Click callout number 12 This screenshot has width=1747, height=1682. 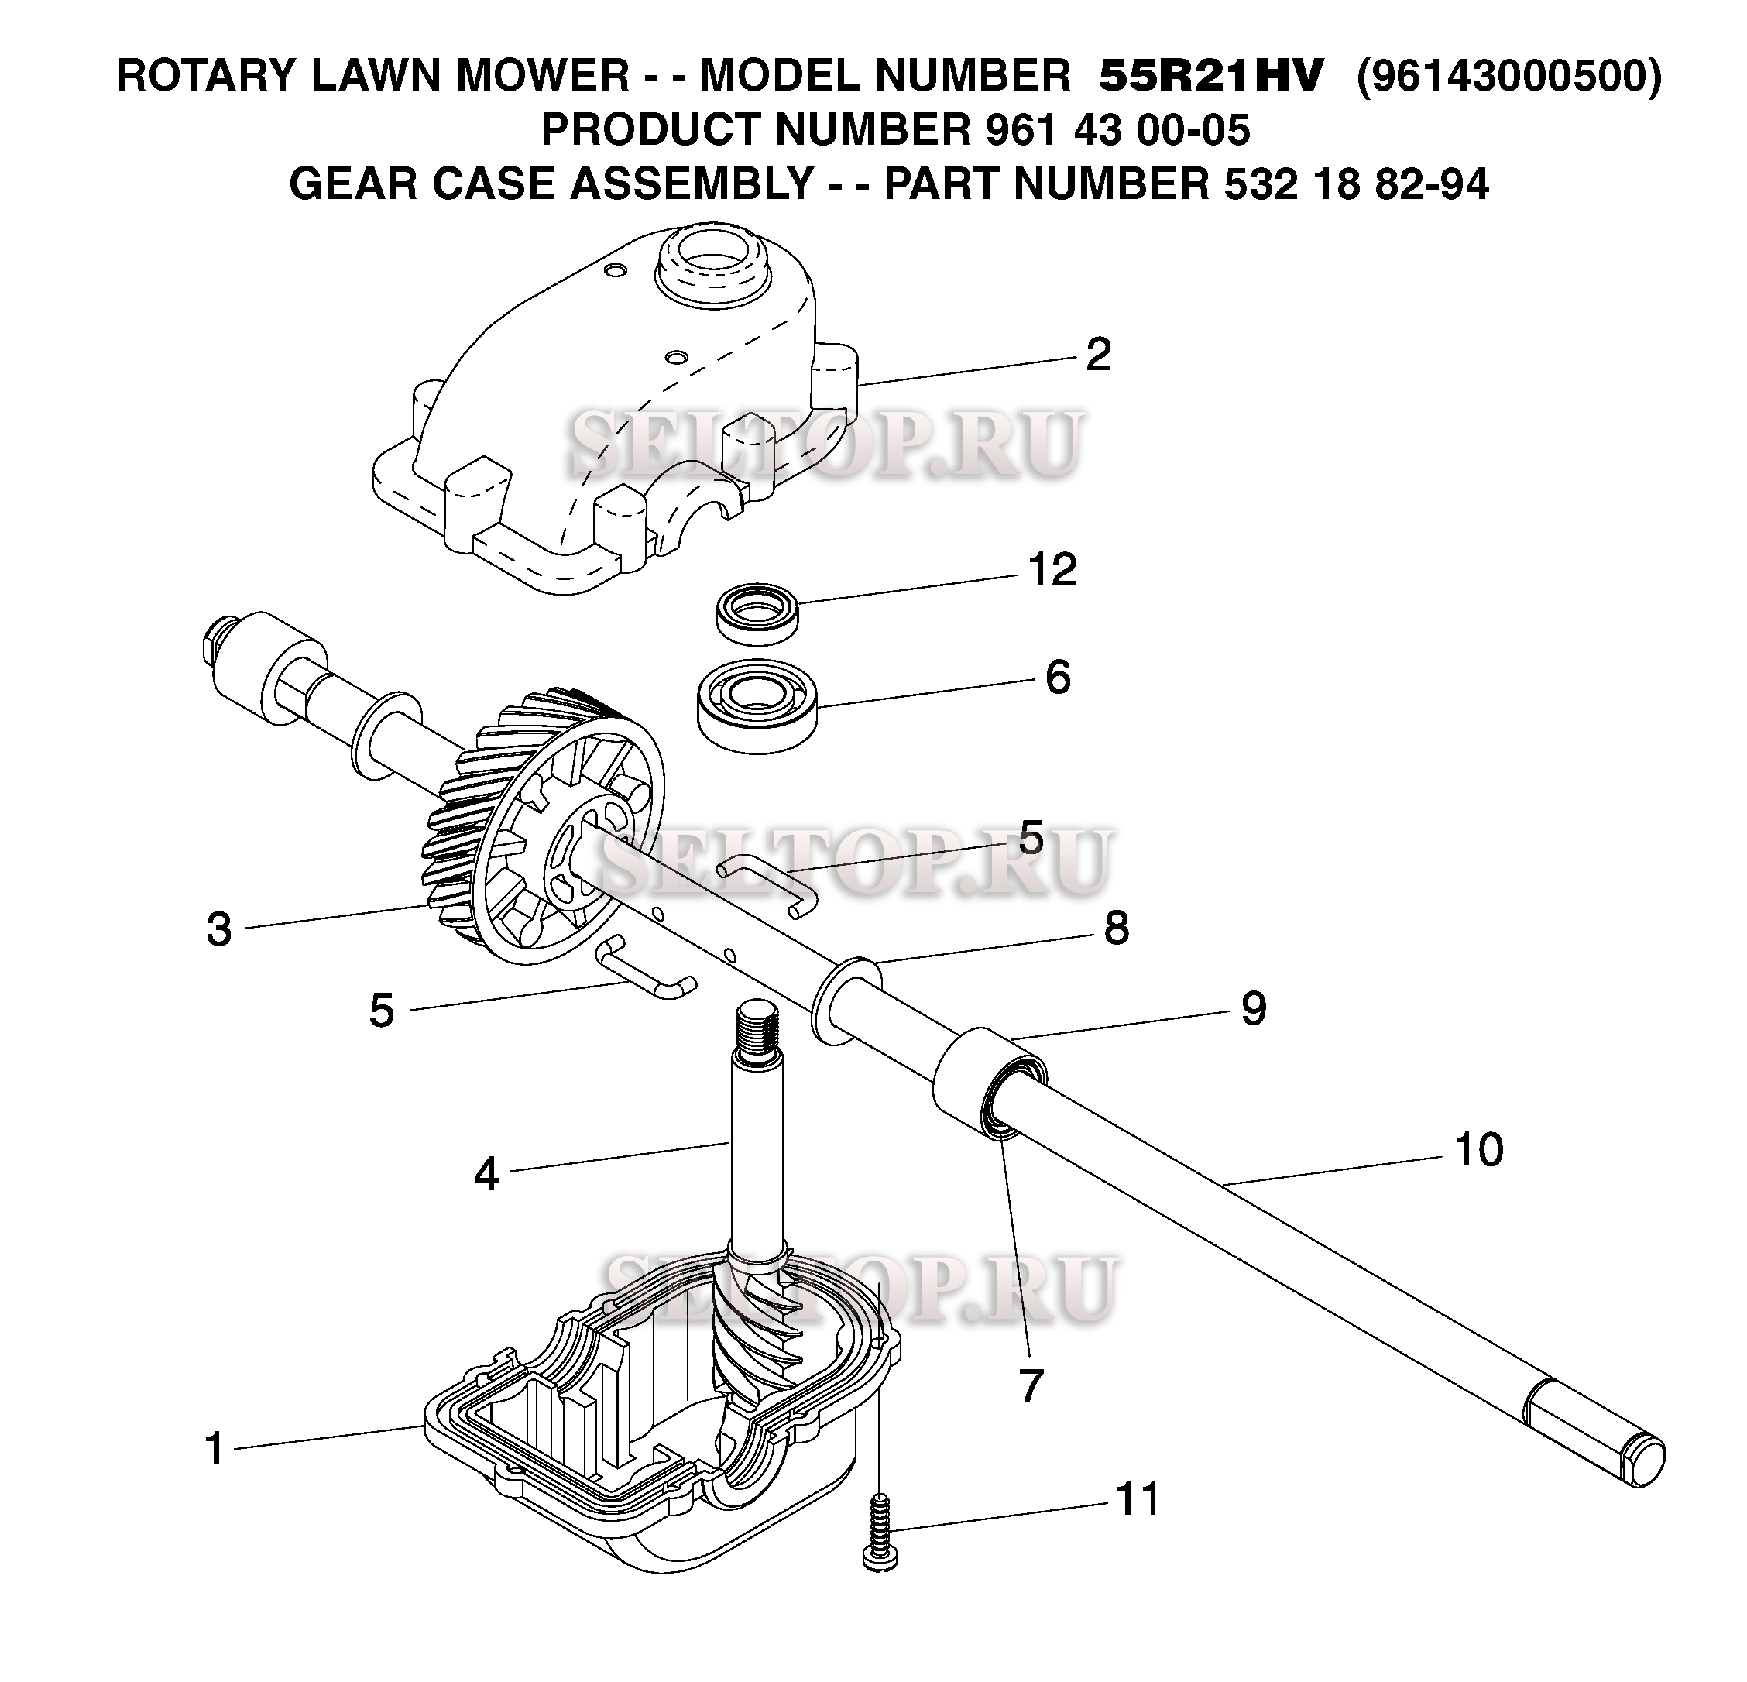[1052, 570]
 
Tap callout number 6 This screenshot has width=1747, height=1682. [1058, 678]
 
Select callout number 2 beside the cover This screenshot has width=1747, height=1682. [1098, 355]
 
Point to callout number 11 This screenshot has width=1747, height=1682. [1138, 1498]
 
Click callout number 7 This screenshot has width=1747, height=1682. [1031, 1386]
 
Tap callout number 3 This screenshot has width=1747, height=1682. [219, 929]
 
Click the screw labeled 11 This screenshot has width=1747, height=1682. [880, 1535]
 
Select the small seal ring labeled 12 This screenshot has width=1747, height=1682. [757, 612]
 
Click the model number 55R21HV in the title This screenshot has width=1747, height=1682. [1211, 76]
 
